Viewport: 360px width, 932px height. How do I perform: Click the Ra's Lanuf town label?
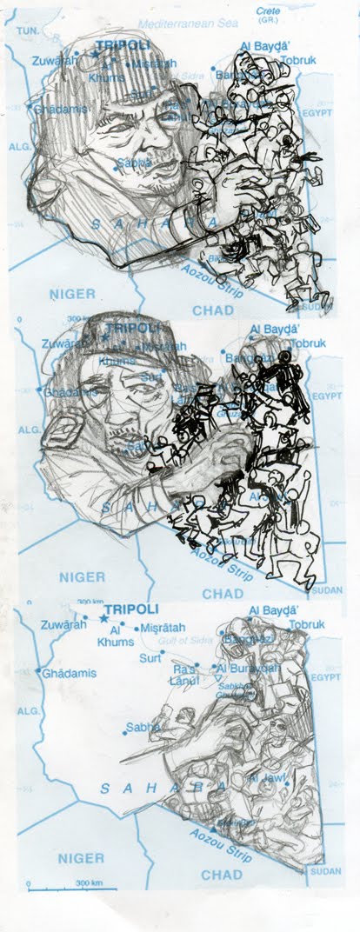click(184, 675)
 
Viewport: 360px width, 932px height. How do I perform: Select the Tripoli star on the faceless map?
click(103, 619)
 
